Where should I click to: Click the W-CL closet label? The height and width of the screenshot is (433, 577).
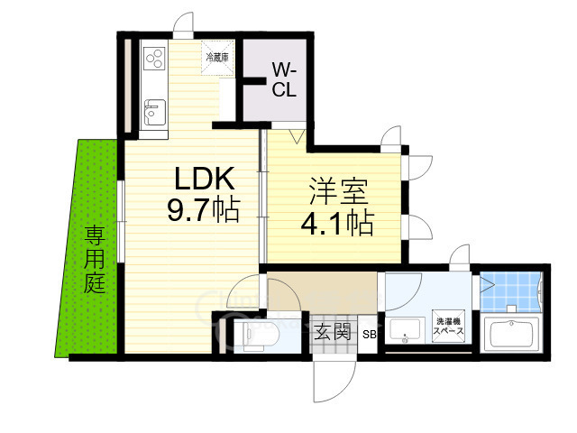283,79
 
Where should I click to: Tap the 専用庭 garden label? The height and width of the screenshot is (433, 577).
95,261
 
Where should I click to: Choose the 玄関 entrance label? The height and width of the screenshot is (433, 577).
332,332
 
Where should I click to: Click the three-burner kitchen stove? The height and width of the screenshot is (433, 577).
152,60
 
